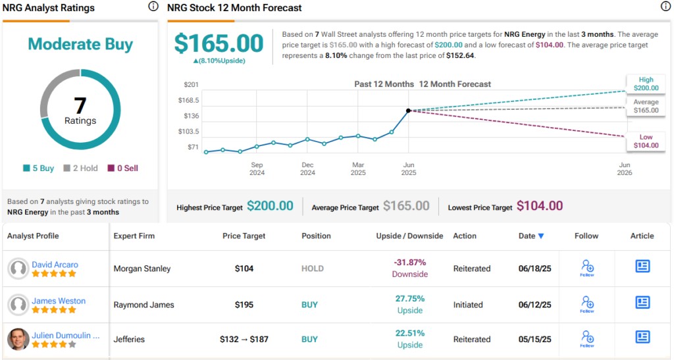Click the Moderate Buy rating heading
pyautogui.click(x=80, y=44)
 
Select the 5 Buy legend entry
pyautogui.click(x=39, y=168)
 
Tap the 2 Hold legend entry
pyautogui.click(x=80, y=168)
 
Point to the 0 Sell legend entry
pyautogui.click(x=122, y=168)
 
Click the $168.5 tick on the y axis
pyautogui.click(x=189, y=100)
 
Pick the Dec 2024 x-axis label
pyautogui.click(x=307, y=169)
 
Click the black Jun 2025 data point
pyautogui.click(x=408, y=111)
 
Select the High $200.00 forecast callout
pyautogui.click(x=646, y=84)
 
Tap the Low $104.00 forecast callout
pyautogui.click(x=646, y=141)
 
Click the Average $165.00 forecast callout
pyautogui.click(x=646, y=106)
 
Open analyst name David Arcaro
pyautogui.click(x=55, y=265)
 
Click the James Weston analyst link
pyautogui.click(x=59, y=301)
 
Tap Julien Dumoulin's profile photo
pyautogui.click(x=18, y=339)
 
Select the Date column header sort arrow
pyautogui.click(x=541, y=236)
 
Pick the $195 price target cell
pyautogui.click(x=244, y=305)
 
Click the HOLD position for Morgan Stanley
pyautogui.click(x=313, y=269)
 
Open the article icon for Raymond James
pyautogui.click(x=642, y=303)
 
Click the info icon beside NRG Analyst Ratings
pyautogui.click(x=153, y=7)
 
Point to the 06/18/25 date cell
pyautogui.click(x=534, y=269)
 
